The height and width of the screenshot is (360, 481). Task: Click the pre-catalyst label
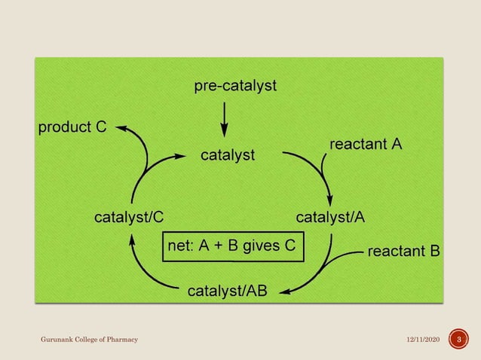tap(235, 87)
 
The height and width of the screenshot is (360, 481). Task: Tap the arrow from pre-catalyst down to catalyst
tap(224, 117)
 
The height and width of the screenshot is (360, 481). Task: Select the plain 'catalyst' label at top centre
tap(227, 156)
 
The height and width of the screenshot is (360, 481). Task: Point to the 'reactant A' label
tap(365, 143)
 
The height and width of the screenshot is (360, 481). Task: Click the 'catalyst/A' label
tap(330, 218)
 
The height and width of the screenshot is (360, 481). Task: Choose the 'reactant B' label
tap(403, 251)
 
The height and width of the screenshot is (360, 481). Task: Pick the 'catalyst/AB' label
tap(227, 291)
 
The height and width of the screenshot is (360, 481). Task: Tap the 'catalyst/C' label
tap(128, 218)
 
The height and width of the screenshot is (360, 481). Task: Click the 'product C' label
tap(72, 127)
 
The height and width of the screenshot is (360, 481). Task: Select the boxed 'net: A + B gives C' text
tap(233, 246)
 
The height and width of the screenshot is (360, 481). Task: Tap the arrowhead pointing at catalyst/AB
tap(280, 290)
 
